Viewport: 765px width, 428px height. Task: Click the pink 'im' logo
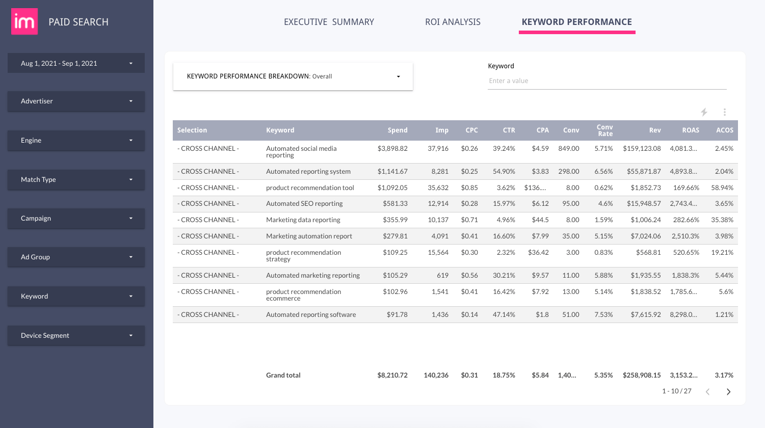pyautogui.click(x=24, y=21)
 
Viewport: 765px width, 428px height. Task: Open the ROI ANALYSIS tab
pyautogui.click(x=453, y=22)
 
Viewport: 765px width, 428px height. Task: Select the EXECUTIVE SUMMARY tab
pyautogui.click(x=329, y=22)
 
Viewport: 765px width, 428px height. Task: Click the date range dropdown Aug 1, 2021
pyautogui.click(x=76, y=63)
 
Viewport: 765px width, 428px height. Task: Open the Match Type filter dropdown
pyautogui.click(x=76, y=179)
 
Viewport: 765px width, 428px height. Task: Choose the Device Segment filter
pyautogui.click(x=76, y=335)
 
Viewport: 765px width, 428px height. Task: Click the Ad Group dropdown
pyautogui.click(x=76, y=257)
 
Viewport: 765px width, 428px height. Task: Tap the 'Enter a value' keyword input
pyautogui.click(x=606, y=81)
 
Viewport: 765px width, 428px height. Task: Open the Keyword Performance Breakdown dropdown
pyautogui.click(x=293, y=76)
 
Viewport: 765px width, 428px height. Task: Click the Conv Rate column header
pyautogui.click(x=604, y=130)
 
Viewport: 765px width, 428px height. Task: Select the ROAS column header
pyautogui.click(x=690, y=130)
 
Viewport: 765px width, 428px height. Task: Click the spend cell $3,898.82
pyautogui.click(x=392, y=149)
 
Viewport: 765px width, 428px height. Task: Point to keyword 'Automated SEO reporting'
pyautogui.click(x=304, y=204)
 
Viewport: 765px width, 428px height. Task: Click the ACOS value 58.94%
pyautogui.click(x=722, y=188)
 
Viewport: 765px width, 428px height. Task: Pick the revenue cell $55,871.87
pyautogui.click(x=644, y=172)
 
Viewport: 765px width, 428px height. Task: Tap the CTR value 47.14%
pyautogui.click(x=504, y=315)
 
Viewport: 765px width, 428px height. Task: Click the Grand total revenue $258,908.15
pyautogui.click(x=642, y=376)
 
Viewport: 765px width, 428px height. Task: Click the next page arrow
pyautogui.click(x=728, y=392)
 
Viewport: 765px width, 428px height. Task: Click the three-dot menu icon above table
pyautogui.click(x=724, y=112)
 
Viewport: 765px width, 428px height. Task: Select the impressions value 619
pyautogui.click(x=442, y=276)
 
